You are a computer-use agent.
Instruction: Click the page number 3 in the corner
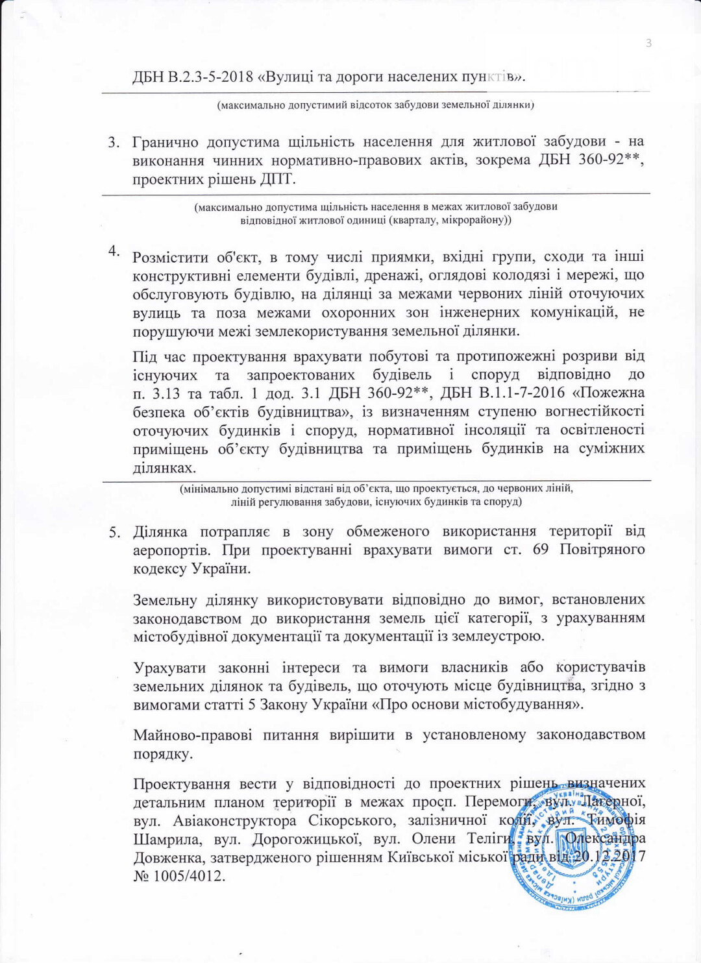click(648, 43)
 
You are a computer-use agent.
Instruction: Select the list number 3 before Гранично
click(114, 142)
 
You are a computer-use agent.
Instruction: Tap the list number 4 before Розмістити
click(114, 251)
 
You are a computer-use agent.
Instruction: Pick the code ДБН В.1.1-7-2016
click(503, 393)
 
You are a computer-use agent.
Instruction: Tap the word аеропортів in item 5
click(171, 550)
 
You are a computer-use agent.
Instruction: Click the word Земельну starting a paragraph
click(167, 600)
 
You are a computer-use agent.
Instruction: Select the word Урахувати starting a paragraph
click(169, 668)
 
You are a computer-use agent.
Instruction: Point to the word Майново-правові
click(193, 735)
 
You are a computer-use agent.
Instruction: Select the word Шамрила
click(166, 839)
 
